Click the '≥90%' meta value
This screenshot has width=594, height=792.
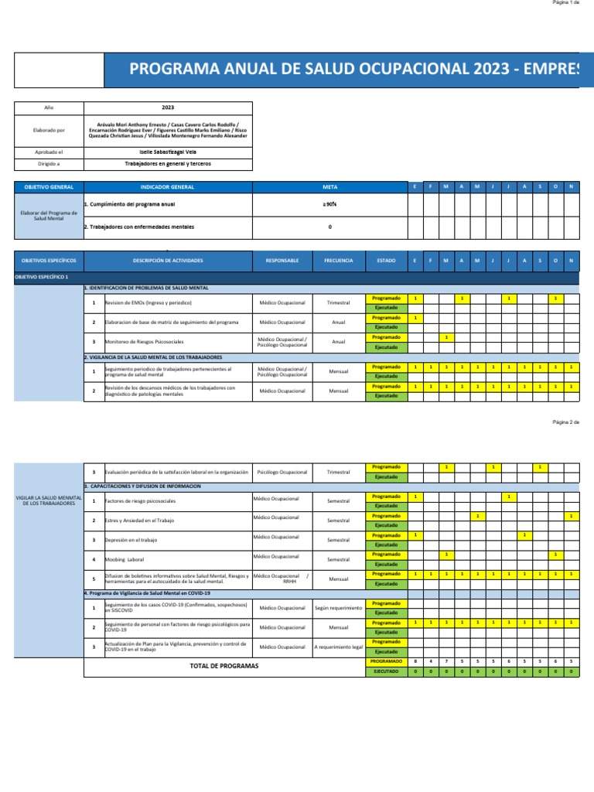[330, 205]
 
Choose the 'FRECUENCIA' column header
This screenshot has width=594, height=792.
[339, 261]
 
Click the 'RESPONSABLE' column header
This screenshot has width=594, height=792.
[282, 261]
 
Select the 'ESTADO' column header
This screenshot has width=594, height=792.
[386, 261]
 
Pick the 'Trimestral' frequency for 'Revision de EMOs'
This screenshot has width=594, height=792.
[339, 302]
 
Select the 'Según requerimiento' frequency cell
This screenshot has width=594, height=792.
[339, 608]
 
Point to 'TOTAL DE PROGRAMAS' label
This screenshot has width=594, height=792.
[224, 666]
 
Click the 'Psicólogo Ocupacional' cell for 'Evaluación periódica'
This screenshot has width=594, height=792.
[282, 472]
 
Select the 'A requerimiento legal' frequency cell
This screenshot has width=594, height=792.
[339, 647]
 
